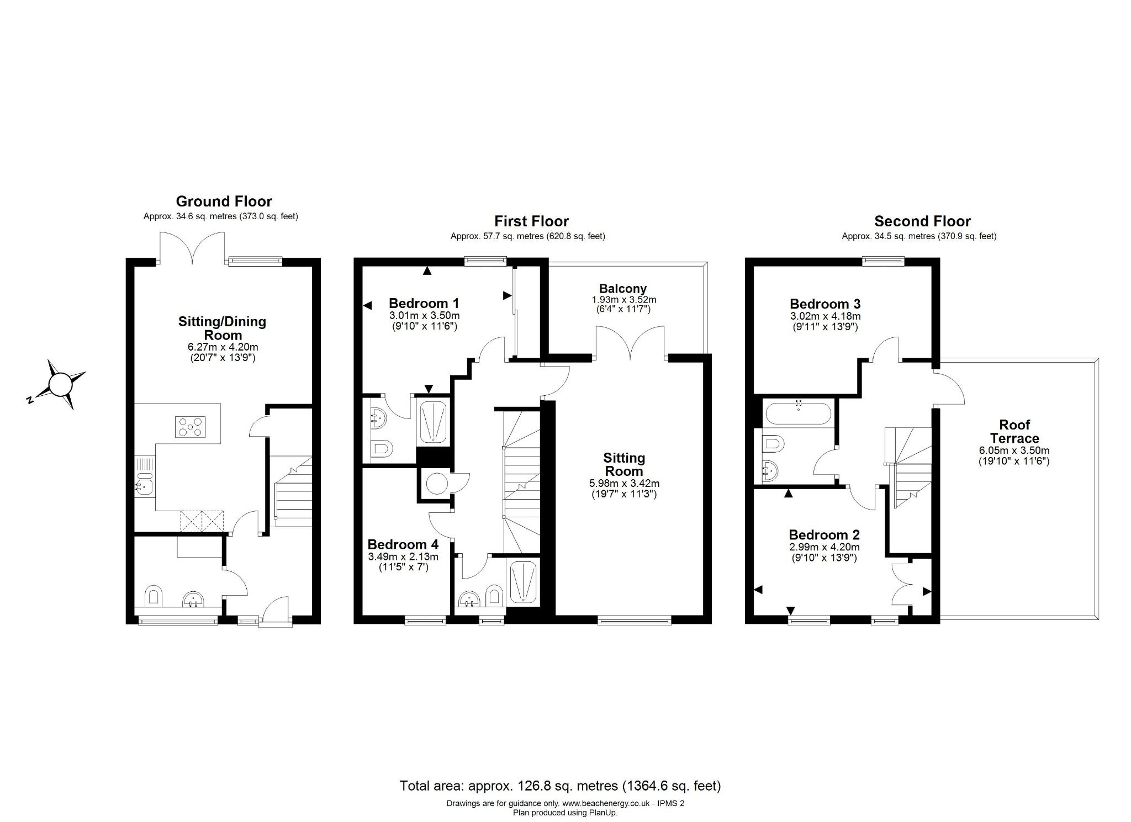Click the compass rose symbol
(60, 384)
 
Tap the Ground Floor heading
(224, 201)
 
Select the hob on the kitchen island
(190, 427)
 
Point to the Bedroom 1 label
(424, 303)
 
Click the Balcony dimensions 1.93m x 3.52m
(623, 300)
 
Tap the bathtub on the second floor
(798, 413)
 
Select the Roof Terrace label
(1014, 432)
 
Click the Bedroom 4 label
(403, 544)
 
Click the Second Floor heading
(922, 221)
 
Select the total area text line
(560, 785)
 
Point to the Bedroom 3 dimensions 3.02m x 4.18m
(825, 316)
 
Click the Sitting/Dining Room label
(222, 328)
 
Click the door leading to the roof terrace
(949, 388)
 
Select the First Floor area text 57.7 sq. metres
(527, 236)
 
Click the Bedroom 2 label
(824, 534)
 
